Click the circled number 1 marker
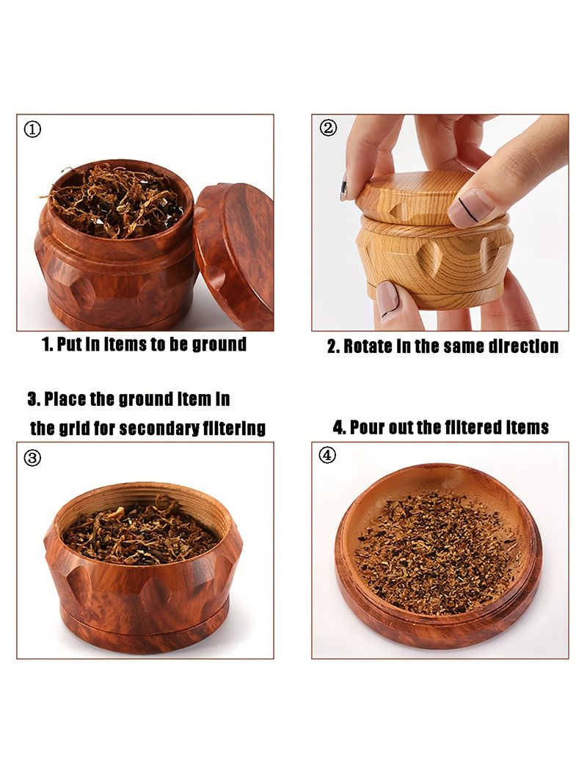[32, 130]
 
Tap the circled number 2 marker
[328, 128]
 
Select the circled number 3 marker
[32, 457]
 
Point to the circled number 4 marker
[327, 455]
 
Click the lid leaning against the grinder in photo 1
[235, 255]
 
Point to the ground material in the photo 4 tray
[440, 553]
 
